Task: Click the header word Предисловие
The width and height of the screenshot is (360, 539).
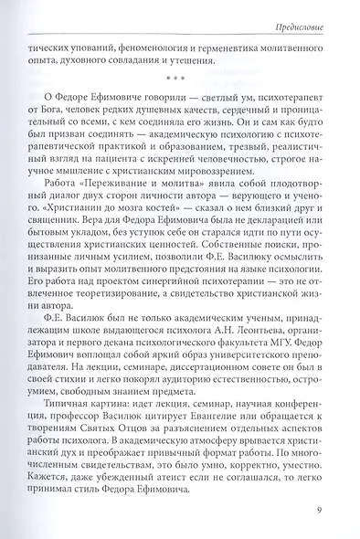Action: click(310, 13)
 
